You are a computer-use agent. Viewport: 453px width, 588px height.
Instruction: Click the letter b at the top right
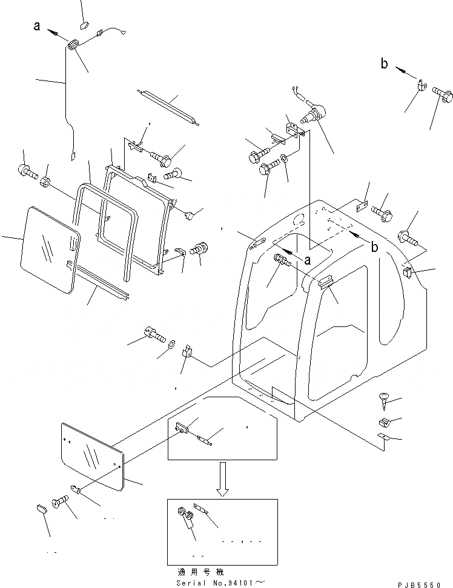(x=384, y=64)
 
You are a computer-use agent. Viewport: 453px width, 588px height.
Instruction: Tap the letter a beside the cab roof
(x=308, y=260)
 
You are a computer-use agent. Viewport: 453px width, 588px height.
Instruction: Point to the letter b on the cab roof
(x=374, y=247)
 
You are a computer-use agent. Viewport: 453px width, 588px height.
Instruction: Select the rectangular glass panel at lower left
(x=93, y=455)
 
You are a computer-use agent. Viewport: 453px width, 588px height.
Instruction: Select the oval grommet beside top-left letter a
(x=74, y=45)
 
